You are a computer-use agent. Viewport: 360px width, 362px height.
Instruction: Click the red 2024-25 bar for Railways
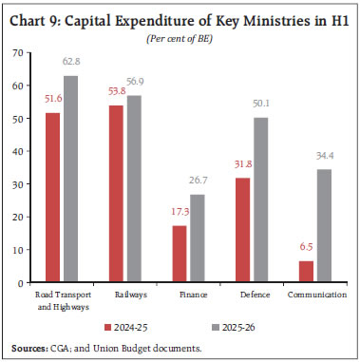116,194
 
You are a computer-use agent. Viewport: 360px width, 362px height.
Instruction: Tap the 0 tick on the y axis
20,283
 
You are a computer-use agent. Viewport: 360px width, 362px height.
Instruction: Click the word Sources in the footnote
28,345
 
